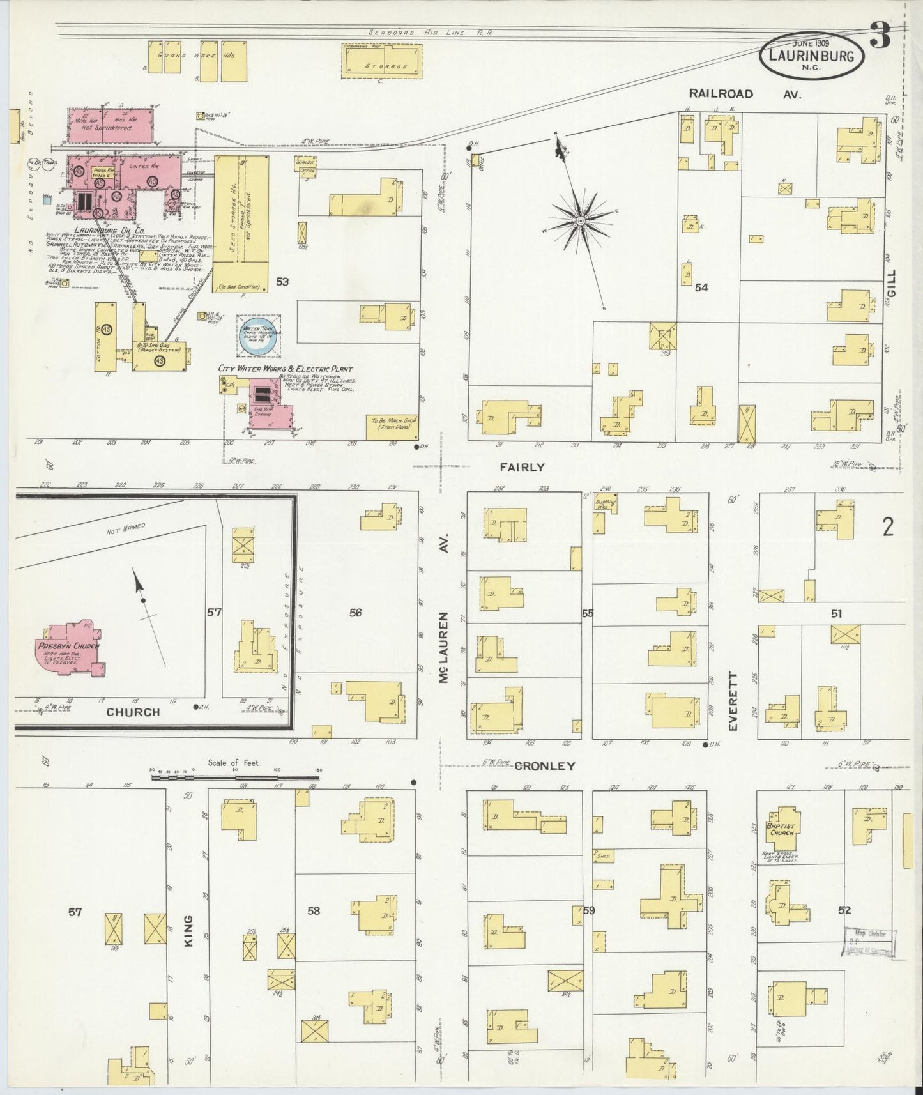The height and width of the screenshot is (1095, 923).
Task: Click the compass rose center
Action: (x=581, y=221)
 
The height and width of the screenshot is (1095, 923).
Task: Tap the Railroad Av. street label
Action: (x=740, y=93)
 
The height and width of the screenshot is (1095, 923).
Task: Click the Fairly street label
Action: (x=522, y=467)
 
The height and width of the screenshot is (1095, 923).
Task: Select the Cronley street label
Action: (x=545, y=766)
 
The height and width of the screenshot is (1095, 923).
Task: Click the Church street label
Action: (x=133, y=712)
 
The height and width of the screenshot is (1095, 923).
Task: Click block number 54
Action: (x=701, y=287)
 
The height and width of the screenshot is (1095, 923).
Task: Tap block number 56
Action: (x=355, y=613)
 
